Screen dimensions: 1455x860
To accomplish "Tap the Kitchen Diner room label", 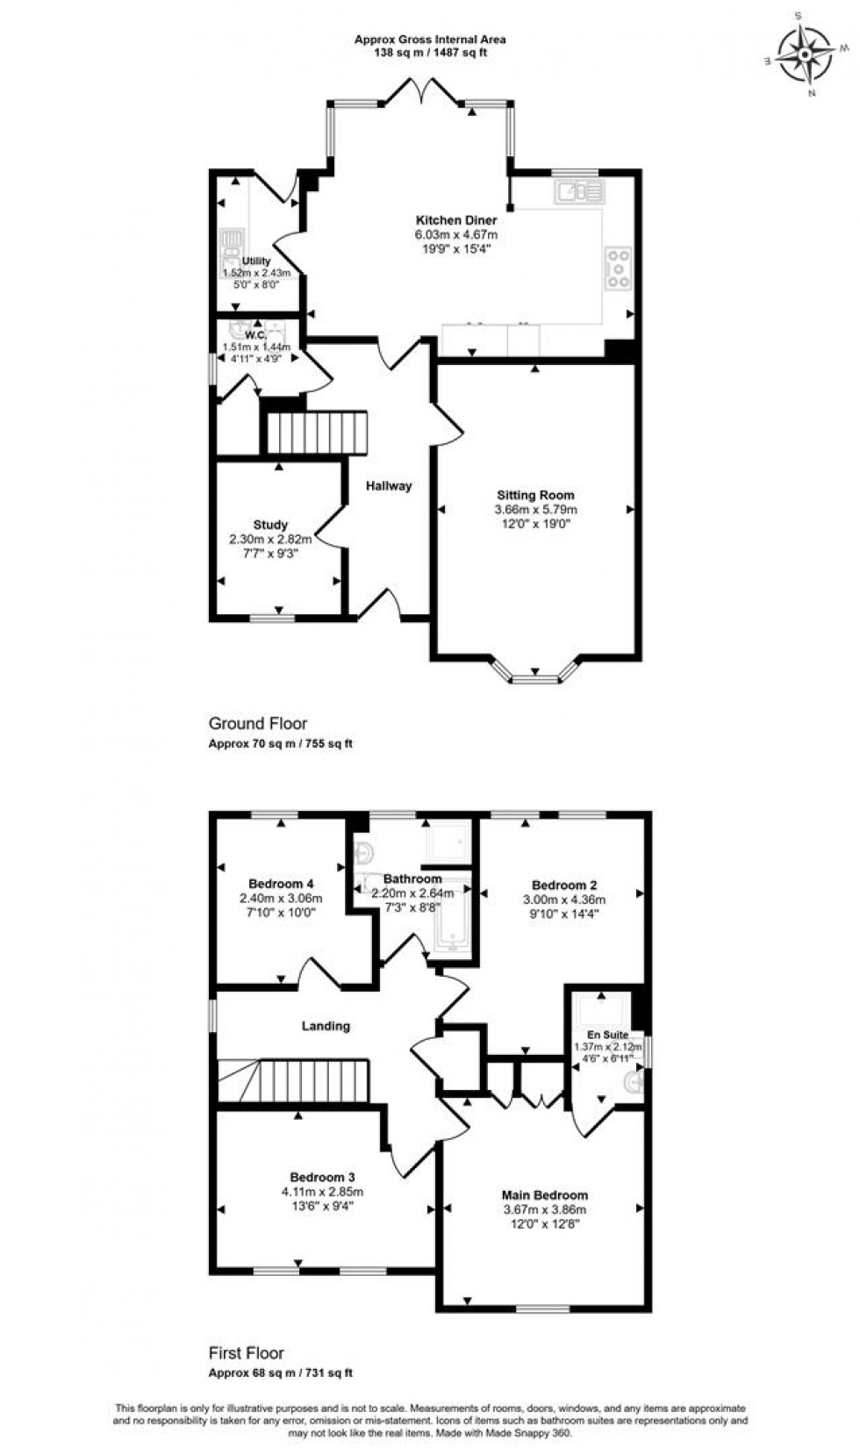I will click(455, 220).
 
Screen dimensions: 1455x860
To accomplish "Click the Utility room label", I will click(256, 262).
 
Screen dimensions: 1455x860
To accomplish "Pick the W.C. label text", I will click(255, 335).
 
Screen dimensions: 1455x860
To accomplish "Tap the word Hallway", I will click(388, 485).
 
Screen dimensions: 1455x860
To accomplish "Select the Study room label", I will click(270, 525).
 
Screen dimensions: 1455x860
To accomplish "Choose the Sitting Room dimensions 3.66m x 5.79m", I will click(535, 509).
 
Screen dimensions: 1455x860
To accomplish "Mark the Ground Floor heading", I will click(257, 723).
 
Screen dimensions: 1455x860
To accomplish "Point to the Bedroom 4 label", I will click(281, 884).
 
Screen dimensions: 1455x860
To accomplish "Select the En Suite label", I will click(607, 1035).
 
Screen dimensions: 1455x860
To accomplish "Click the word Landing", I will click(326, 1025).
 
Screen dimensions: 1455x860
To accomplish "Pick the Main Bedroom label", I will click(544, 1194).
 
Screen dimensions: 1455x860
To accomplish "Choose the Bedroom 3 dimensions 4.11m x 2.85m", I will click(322, 1192).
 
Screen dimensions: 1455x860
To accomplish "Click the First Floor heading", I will click(246, 1352).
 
